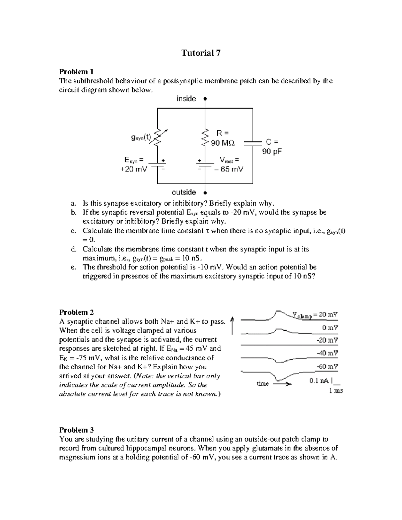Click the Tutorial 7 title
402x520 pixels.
(x=201, y=53)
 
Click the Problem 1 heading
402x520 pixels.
(x=76, y=72)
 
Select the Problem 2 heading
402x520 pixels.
(x=76, y=312)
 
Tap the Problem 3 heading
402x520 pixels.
(x=76, y=430)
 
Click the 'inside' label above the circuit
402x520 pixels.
(x=186, y=98)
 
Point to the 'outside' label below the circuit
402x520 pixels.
(x=184, y=192)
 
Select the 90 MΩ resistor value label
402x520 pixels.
(x=223, y=143)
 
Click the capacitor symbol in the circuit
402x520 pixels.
(x=253, y=144)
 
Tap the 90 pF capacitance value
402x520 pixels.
(x=272, y=152)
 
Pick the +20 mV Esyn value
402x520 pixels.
(x=133, y=169)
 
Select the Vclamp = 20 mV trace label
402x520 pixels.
(x=315, y=315)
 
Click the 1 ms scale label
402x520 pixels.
(x=336, y=390)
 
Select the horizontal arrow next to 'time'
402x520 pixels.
(x=282, y=384)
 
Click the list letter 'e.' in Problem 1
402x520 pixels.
(x=73, y=267)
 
